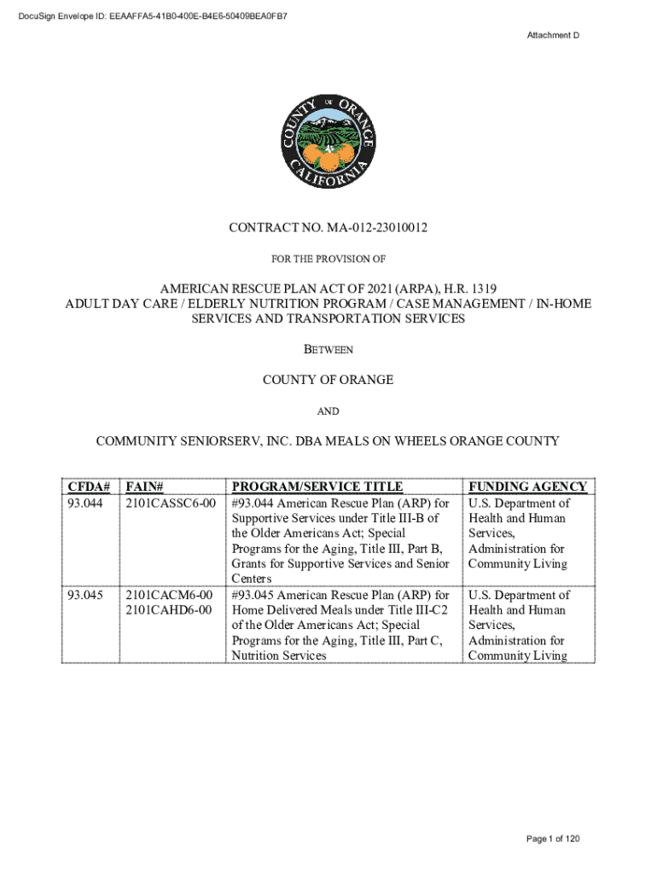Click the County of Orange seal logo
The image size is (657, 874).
pyautogui.click(x=328, y=142)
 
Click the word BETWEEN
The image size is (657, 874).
pyautogui.click(x=328, y=349)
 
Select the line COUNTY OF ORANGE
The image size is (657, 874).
pyautogui.click(x=328, y=380)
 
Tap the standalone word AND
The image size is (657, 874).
pyautogui.click(x=328, y=411)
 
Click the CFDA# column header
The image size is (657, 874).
pyautogui.click(x=89, y=487)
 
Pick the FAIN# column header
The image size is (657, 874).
pyautogui.click(x=144, y=487)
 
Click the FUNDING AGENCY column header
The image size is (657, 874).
pyautogui.click(x=527, y=487)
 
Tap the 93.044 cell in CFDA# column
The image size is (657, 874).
pyautogui.click(x=85, y=503)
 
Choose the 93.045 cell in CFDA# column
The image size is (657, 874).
pyautogui.click(x=85, y=595)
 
